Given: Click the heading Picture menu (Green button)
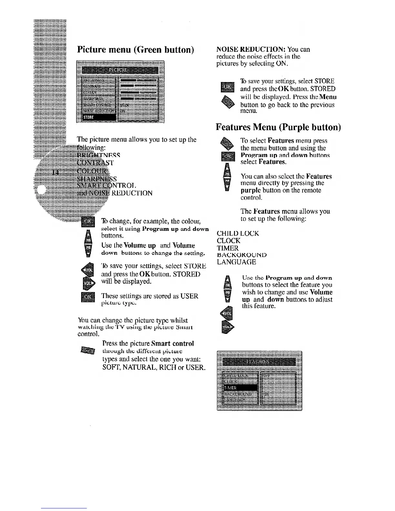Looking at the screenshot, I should pyautogui.click(x=136, y=50).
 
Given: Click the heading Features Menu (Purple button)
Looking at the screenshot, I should pyautogui.click(x=278, y=127).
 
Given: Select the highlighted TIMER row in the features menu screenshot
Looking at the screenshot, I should pyautogui.click(x=238, y=387).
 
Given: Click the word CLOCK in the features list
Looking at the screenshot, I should pyautogui.click(x=228, y=241).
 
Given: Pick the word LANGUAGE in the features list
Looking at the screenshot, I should pyautogui.click(x=237, y=262).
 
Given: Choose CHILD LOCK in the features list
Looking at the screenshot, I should pyautogui.click(x=238, y=233).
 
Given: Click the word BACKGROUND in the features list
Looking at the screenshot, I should pyautogui.click(x=242, y=255).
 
